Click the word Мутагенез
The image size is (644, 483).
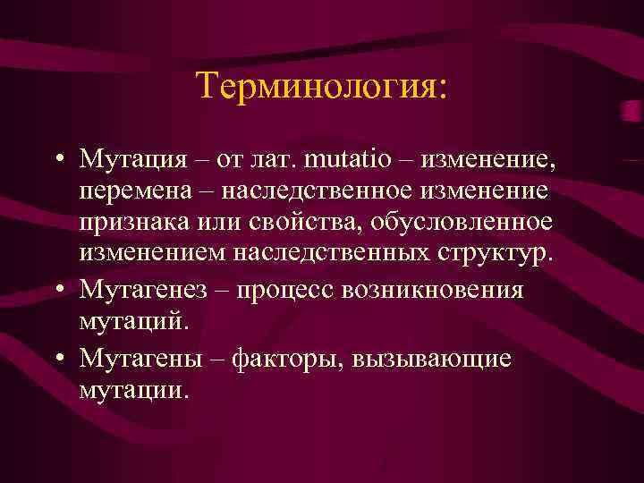[149, 290]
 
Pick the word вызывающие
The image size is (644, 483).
[434, 359]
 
